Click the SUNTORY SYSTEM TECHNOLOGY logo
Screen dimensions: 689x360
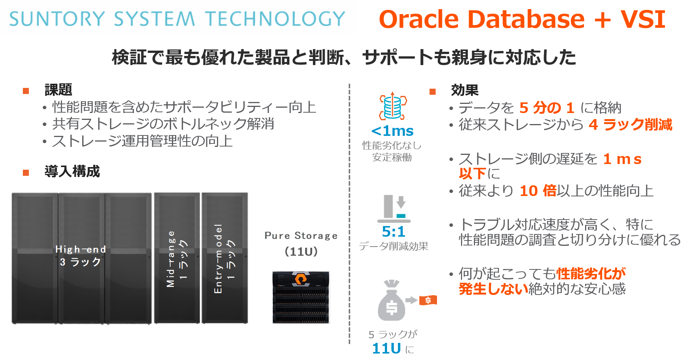(177, 19)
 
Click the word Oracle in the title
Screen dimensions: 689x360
(419, 19)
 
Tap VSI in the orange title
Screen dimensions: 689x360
(643, 19)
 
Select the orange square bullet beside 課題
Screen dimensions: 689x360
(26, 91)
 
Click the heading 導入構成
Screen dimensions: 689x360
(72, 171)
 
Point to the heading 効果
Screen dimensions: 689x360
(464, 90)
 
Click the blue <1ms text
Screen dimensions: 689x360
(392, 131)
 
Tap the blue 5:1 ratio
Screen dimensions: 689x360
(394, 231)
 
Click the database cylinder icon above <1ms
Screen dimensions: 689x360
(393, 106)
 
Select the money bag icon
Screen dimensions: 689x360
(391, 301)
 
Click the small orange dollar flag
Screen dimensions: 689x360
(428, 300)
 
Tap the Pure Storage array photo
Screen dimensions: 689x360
(301, 297)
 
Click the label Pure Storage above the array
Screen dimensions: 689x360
(301, 236)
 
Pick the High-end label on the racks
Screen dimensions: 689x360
(81, 249)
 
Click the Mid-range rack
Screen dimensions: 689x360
(177, 258)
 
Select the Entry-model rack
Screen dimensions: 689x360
(225, 258)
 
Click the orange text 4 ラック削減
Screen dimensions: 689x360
(630, 124)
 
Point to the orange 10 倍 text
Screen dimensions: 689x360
(538, 191)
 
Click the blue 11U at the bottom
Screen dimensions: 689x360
(386, 348)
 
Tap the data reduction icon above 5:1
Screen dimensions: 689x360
(394, 209)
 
